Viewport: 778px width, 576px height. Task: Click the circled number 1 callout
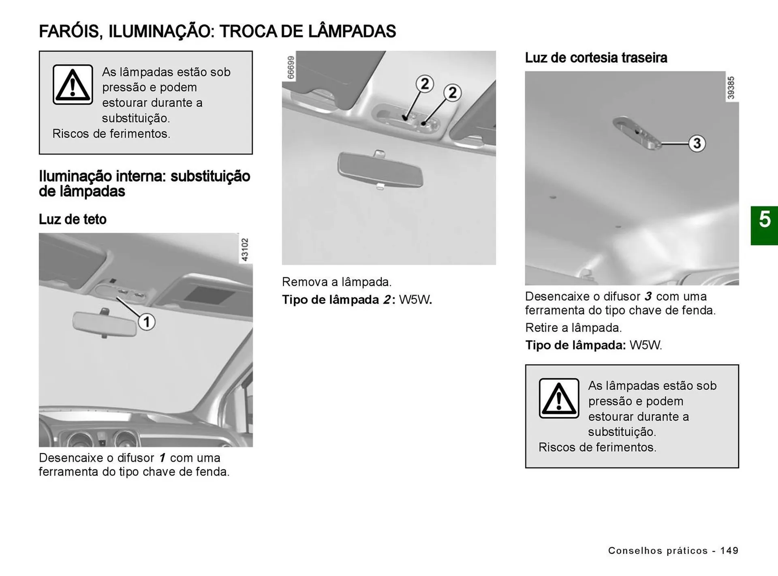[147, 322]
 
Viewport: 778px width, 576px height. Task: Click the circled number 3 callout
[697, 143]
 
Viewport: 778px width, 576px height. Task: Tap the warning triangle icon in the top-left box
[73, 85]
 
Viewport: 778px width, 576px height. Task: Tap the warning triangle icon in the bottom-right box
[559, 398]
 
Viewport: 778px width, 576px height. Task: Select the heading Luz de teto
[73, 219]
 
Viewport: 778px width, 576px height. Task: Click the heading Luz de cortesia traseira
[596, 58]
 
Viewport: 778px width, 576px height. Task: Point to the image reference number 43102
[245, 249]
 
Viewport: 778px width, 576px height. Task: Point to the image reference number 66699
[291, 67]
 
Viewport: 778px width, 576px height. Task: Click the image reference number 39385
[731, 88]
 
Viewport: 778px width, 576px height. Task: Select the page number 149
[729, 550]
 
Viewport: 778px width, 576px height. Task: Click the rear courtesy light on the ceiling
[636, 133]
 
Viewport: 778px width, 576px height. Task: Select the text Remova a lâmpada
[337, 282]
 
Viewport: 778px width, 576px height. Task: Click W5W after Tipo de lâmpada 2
[415, 300]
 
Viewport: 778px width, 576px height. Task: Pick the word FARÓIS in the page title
[69, 32]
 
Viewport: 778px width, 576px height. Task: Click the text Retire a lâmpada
[573, 328]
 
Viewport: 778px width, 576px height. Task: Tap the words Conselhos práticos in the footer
[658, 550]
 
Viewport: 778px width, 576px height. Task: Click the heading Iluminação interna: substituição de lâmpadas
[144, 184]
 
